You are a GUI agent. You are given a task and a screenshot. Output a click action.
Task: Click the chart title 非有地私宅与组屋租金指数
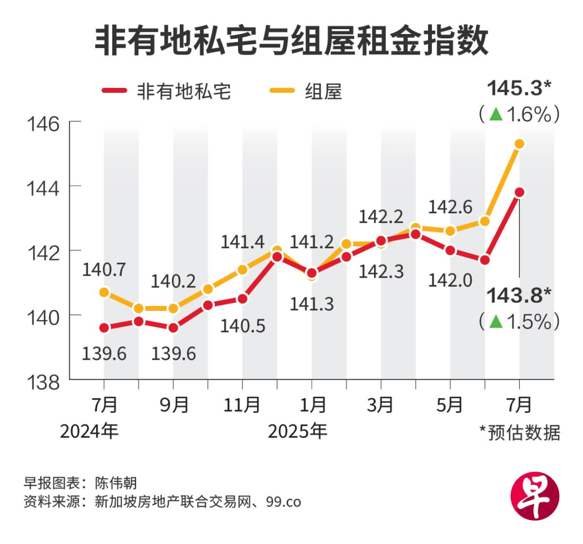(291, 41)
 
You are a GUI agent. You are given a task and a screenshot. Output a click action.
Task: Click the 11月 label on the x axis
(242, 404)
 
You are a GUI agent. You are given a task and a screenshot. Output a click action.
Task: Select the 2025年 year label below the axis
(297, 431)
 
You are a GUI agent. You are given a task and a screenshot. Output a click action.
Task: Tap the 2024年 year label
(89, 431)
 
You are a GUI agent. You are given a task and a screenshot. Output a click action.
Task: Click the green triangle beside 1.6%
(496, 114)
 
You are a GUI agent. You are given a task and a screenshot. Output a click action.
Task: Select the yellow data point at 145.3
(519, 144)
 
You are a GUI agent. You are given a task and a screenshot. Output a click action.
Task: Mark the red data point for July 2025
(519, 192)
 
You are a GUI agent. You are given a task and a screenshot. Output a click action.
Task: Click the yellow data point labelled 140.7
(104, 292)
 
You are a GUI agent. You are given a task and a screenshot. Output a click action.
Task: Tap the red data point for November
(242, 298)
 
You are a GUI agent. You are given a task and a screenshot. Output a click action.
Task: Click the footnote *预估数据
(519, 432)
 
